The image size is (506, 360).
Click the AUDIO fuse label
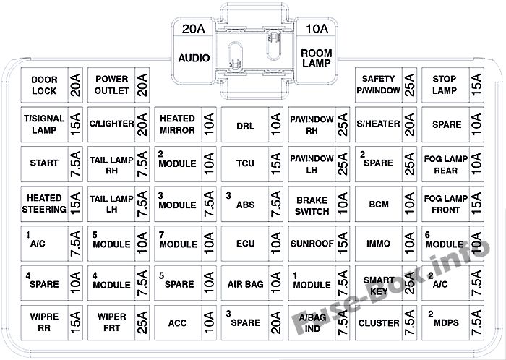click(x=194, y=58)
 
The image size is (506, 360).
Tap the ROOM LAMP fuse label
click(x=317, y=58)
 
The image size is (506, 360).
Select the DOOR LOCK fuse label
click(x=44, y=85)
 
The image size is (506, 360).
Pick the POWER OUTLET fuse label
click(x=111, y=85)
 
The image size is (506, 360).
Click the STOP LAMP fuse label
click(x=445, y=85)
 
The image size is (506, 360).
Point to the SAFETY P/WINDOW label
click(x=378, y=85)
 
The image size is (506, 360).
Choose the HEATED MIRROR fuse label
click(x=178, y=124)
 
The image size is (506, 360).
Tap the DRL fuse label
click(x=245, y=126)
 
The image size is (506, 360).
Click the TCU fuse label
click(x=245, y=163)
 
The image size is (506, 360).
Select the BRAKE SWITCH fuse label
click(x=312, y=206)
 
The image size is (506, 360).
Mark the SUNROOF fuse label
click(x=312, y=244)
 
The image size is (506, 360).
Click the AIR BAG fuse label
click(x=245, y=284)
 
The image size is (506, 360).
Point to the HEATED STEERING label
click(x=44, y=204)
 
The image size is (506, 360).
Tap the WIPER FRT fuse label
click(x=111, y=322)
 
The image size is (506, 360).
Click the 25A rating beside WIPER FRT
click(x=142, y=322)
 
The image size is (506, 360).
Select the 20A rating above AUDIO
click(x=194, y=29)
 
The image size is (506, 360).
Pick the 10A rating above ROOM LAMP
click(x=317, y=29)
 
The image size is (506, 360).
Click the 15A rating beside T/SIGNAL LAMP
click(x=75, y=124)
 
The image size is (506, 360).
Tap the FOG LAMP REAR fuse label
click(x=446, y=165)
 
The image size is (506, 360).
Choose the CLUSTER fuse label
click(x=379, y=323)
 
